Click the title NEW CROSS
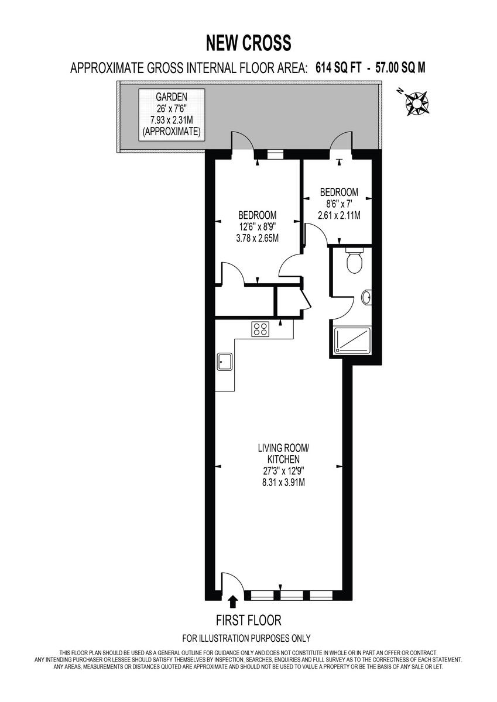(248, 43)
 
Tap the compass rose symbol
(417, 102)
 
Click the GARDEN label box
(172, 114)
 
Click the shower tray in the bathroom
(352, 340)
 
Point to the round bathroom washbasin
(366, 298)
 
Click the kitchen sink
(224, 362)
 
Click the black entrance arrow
(234, 601)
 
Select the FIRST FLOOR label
(248, 620)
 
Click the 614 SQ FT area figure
(339, 68)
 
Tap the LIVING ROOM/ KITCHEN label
(283, 453)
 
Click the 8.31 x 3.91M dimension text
(283, 483)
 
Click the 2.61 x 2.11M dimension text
(338, 215)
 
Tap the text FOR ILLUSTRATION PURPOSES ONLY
(246, 638)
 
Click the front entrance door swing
(232, 583)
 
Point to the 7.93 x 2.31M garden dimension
(172, 121)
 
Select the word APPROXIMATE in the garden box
(172, 132)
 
